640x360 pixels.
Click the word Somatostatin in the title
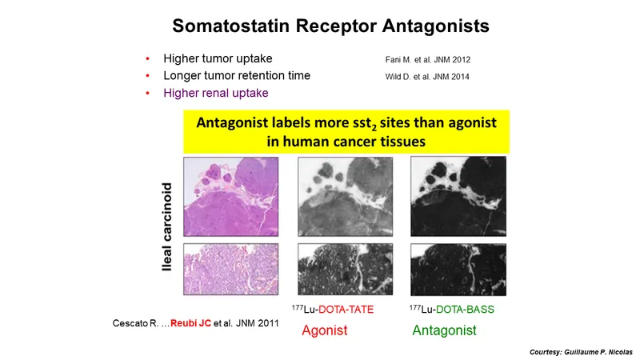pyautogui.click(x=231, y=26)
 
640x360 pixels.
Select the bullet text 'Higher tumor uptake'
pyautogui.click(x=218, y=58)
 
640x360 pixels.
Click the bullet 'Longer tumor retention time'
pyautogui.click(x=237, y=76)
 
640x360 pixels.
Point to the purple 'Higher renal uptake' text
pyautogui.click(x=216, y=93)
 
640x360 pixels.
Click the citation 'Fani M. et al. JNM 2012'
pyautogui.click(x=428, y=60)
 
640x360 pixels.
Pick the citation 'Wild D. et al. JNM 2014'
pyautogui.click(x=427, y=77)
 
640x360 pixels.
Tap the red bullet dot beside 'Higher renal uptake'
pyautogui.click(x=148, y=94)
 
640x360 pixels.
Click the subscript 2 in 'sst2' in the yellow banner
pyautogui.click(x=374, y=128)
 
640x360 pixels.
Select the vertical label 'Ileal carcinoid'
pyautogui.click(x=167, y=226)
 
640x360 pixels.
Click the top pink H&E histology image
pyautogui.click(x=231, y=197)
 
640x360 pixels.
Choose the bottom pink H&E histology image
pyautogui.click(x=231, y=270)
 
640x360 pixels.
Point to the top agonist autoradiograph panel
pyautogui.click(x=346, y=197)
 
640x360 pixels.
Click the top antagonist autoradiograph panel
pyautogui.click(x=458, y=196)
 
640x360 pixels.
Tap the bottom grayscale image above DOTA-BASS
pyautogui.click(x=458, y=270)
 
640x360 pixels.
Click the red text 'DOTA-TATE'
pyautogui.click(x=346, y=310)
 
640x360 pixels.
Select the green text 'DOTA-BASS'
pyautogui.click(x=465, y=310)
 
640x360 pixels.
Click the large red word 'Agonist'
pyautogui.click(x=325, y=330)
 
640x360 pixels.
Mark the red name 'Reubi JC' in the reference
pyautogui.click(x=190, y=323)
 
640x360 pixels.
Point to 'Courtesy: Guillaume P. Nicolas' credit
pyautogui.click(x=581, y=352)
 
